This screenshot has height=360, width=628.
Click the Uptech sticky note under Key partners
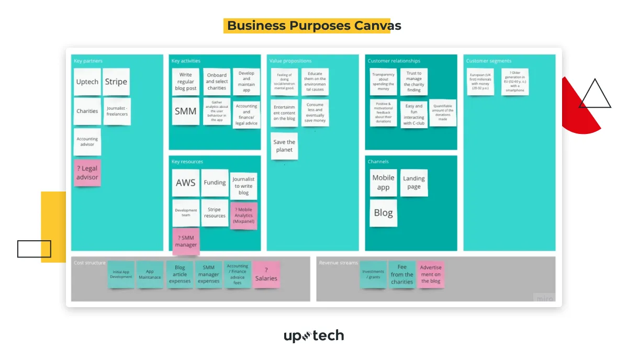(x=87, y=82)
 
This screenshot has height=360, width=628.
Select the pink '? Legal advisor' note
(x=87, y=173)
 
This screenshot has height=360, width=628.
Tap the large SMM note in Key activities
(x=185, y=111)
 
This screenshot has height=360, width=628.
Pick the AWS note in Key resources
(x=185, y=183)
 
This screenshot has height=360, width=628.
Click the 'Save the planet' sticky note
(x=284, y=146)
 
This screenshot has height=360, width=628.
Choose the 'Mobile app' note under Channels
(x=383, y=182)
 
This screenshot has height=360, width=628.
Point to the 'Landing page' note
(x=413, y=182)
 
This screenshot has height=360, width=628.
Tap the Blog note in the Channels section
(x=383, y=213)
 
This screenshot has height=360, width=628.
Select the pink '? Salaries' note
(x=266, y=274)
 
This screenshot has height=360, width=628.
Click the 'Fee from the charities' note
(x=402, y=274)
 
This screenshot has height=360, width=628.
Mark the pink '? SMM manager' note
(x=186, y=241)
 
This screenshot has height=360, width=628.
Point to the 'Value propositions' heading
(x=290, y=61)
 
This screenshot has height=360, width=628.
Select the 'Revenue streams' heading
(x=338, y=263)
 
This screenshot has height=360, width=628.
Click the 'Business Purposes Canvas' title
(x=314, y=26)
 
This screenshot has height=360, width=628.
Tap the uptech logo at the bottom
(x=314, y=335)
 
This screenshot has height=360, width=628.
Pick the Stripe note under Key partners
(x=116, y=82)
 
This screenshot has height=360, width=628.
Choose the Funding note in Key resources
(x=215, y=183)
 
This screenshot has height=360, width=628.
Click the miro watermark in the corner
(x=544, y=298)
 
